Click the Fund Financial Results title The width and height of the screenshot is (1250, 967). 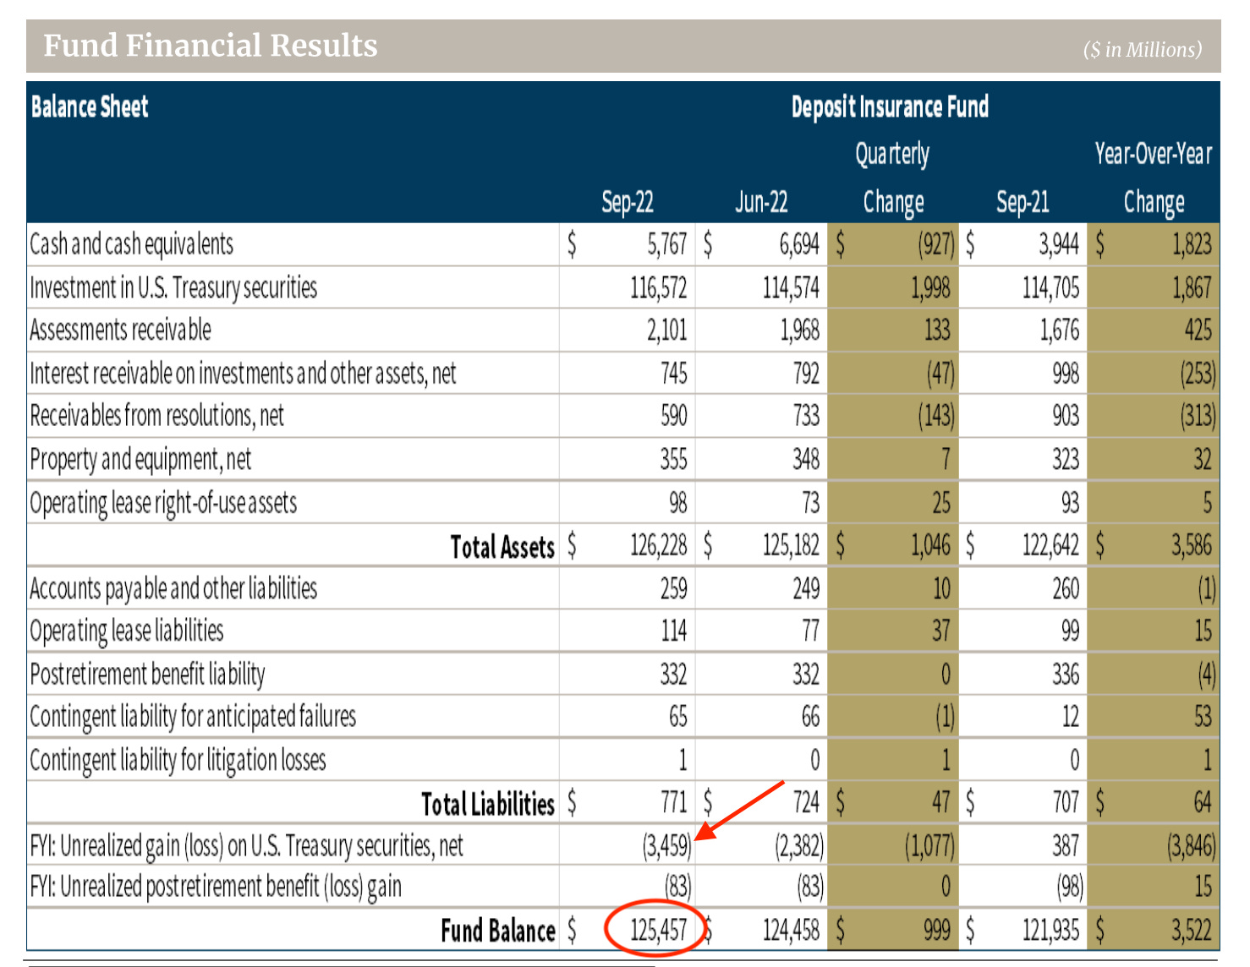pyautogui.click(x=210, y=46)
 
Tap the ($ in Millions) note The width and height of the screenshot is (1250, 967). pyautogui.click(x=1142, y=50)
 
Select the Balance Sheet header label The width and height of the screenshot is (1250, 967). pyautogui.click(x=90, y=107)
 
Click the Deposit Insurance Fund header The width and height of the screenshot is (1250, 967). pyautogui.click(x=890, y=107)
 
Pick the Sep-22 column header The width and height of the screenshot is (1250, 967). pyautogui.click(x=627, y=202)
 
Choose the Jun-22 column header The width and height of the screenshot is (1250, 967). pyautogui.click(x=761, y=202)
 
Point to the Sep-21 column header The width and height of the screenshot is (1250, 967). pyautogui.click(x=1022, y=202)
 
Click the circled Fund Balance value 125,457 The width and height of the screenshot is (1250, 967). pyautogui.click(x=658, y=930)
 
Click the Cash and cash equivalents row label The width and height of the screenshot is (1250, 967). pyautogui.click(x=131, y=244)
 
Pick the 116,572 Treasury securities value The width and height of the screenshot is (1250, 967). pyautogui.click(x=658, y=288)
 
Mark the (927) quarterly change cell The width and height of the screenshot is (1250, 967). pyautogui.click(x=935, y=245)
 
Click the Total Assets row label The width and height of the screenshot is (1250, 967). pyautogui.click(x=502, y=547)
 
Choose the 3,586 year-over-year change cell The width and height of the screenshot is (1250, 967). pyautogui.click(x=1191, y=545)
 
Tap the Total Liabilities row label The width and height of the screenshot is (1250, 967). pyautogui.click(x=488, y=804)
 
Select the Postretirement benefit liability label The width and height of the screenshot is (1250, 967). pyautogui.click(x=147, y=675)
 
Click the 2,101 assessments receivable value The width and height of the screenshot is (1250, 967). pyautogui.click(x=666, y=331)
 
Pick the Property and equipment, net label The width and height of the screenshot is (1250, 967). pyautogui.click(x=140, y=460)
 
